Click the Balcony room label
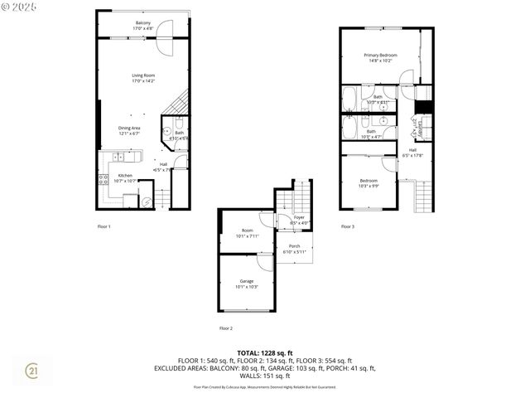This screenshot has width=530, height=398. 143,25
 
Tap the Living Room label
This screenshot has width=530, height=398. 143,78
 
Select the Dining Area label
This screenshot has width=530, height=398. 128,130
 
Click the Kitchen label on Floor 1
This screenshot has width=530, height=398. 124,177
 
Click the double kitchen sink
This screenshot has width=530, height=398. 118,157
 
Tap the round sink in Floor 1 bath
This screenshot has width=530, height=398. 166,140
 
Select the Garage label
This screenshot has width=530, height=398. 247,283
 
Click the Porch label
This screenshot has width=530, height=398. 294,248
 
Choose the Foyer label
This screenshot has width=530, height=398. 299,220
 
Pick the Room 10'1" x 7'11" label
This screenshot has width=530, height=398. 247,232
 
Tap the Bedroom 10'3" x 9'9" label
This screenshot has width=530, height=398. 369,182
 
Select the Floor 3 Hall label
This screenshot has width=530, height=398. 412,153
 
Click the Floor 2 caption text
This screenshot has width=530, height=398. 226,328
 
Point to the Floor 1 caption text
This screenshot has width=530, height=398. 104,226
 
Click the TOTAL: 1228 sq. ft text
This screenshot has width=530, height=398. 264,353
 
